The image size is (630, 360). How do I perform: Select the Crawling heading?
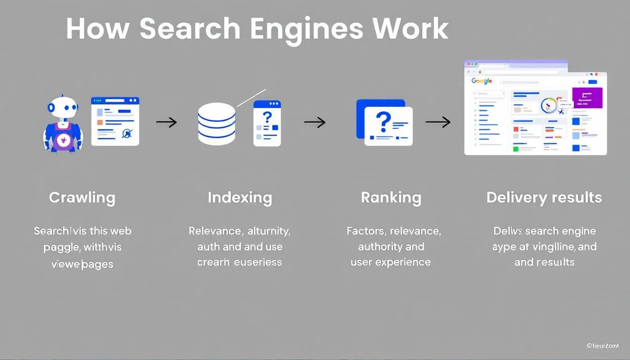point(82,197)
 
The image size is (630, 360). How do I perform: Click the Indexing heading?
point(240,197)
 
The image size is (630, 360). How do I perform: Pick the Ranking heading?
point(391,197)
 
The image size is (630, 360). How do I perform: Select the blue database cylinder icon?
point(217,123)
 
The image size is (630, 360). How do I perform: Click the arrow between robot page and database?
point(166,123)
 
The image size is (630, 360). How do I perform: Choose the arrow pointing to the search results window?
point(438,122)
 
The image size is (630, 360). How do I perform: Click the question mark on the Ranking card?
point(383,121)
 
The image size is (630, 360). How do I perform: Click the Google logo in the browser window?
point(482,81)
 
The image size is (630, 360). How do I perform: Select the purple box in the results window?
point(587,97)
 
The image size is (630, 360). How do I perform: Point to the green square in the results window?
point(516,149)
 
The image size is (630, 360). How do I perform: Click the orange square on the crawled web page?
point(99,122)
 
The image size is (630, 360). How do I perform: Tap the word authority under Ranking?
point(391,247)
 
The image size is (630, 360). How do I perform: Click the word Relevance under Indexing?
point(214,231)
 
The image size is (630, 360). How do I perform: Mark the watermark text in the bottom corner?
point(603,345)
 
